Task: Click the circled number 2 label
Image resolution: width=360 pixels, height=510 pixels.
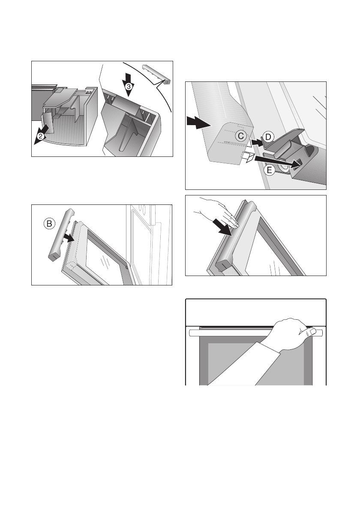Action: click(x=40, y=137)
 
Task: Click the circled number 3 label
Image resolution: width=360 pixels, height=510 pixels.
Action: click(x=129, y=87)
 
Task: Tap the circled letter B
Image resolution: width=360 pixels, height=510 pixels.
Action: click(x=49, y=224)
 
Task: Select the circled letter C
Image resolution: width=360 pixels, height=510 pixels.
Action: click(x=241, y=136)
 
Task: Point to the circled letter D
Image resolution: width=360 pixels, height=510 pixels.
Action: click(x=268, y=137)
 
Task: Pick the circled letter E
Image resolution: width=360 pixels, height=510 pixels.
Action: click(x=270, y=170)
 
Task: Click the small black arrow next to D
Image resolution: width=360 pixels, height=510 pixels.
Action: click(x=257, y=142)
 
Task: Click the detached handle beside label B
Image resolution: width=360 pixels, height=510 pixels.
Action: click(x=61, y=234)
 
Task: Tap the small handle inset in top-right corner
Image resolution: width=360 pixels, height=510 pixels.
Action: click(x=156, y=74)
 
